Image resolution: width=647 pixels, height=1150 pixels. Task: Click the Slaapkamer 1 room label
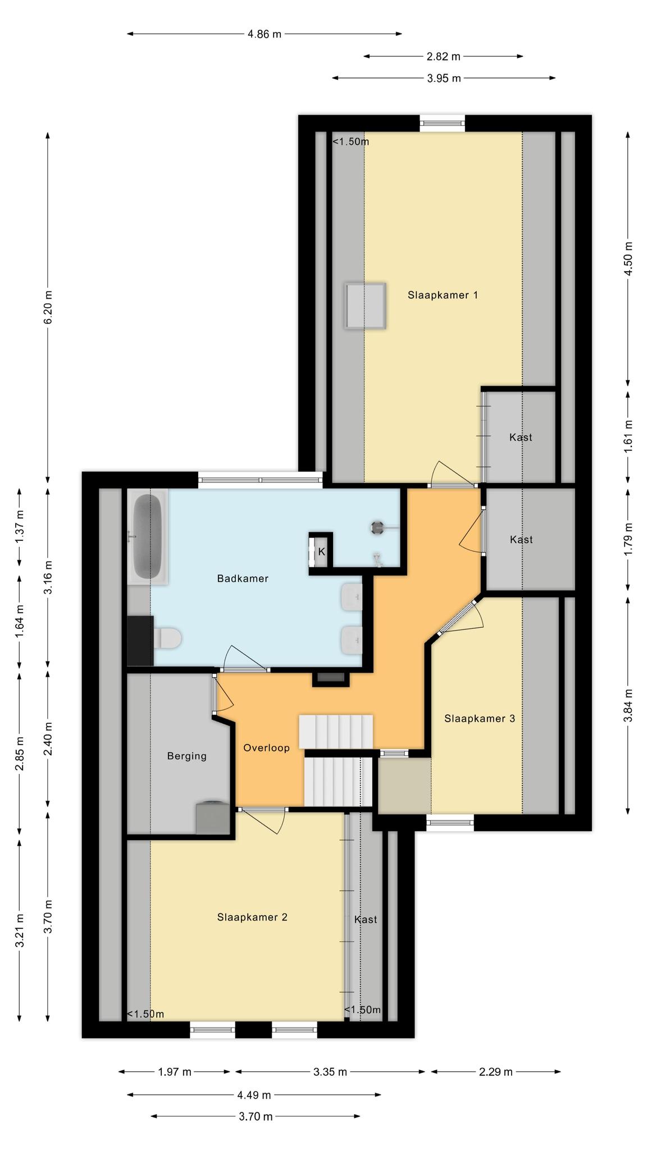pyautogui.click(x=443, y=295)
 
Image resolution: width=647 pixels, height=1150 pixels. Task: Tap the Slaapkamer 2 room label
pyautogui.click(x=252, y=917)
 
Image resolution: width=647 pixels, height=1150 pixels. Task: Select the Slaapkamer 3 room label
pyautogui.click(x=479, y=718)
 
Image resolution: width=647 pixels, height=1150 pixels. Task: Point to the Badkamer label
pyautogui.click(x=243, y=578)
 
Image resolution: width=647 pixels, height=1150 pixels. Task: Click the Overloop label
pyautogui.click(x=266, y=748)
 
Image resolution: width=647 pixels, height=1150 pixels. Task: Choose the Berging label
pyautogui.click(x=186, y=756)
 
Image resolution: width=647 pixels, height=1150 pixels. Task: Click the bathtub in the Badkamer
pyautogui.click(x=147, y=537)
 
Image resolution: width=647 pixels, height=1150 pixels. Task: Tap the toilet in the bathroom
pyautogui.click(x=167, y=639)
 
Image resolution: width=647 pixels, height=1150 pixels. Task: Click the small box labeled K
pyautogui.click(x=321, y=552)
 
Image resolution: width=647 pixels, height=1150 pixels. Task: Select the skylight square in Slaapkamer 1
pyautogui.click(x=366, y=306)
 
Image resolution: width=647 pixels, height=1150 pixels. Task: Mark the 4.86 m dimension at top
pyautogui.click(x=265, y=34)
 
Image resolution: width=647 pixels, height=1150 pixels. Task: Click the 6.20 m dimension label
pyautogui.click(x=48, y=307)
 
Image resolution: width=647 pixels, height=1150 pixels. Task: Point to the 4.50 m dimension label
pyautogui.click(x=628, y=258)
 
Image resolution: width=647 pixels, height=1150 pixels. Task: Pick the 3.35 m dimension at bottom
pyautogui.click(x=330, y=1072)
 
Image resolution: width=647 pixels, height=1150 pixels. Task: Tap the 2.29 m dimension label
pyautogui.click(x=496, y=1072)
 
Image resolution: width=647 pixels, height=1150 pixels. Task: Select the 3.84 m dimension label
pyautogui.click(x=628, y=705)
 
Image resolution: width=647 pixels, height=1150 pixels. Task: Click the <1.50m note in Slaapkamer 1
pyautogui.click(x=351, y=142)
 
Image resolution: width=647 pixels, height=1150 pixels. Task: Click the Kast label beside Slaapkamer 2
pyautogui.click(x=366, y=919)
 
